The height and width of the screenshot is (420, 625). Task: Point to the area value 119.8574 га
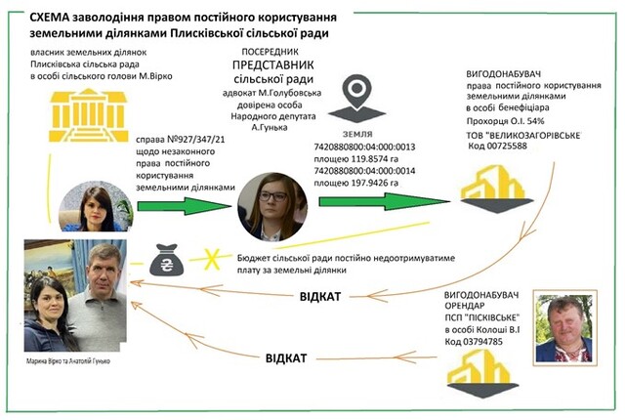pyautogui.click(x=372, y=155)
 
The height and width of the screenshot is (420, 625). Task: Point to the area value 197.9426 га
pyautogui.click(x=372, y=180)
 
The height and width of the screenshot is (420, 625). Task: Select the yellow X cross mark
pyautogui.click(x=207, y=260)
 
